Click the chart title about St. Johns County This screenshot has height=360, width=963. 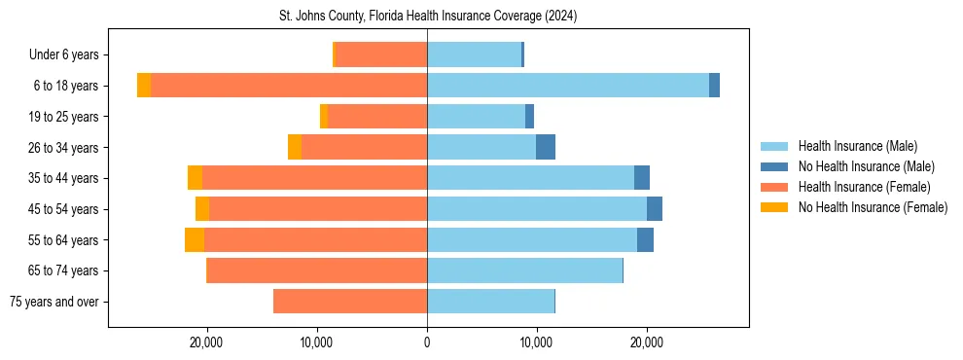428,17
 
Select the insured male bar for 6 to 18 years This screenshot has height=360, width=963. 568,86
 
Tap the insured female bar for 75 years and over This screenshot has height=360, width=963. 350,302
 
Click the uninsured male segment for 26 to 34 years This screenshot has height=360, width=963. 546,147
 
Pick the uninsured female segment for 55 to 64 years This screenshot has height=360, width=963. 195,240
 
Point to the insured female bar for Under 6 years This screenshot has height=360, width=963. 381,54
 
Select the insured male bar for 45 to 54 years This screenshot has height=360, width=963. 537,209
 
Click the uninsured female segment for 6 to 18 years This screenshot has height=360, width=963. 144,86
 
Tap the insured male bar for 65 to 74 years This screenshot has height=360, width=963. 524,270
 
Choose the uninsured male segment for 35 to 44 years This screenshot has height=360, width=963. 642,178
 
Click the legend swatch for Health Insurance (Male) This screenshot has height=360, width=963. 774,146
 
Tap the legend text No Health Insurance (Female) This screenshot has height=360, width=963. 873,207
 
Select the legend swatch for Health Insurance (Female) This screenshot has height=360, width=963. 774,187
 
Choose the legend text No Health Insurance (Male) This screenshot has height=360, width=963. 866,166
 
